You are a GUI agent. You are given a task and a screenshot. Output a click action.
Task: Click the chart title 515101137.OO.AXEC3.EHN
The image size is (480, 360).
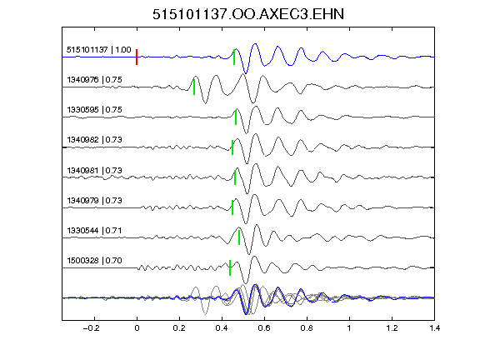248,14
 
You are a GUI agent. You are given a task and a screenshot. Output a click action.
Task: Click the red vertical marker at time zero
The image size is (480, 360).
137,57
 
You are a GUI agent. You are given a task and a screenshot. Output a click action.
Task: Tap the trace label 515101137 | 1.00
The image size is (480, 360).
98,50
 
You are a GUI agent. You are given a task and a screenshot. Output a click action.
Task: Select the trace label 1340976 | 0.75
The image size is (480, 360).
94,80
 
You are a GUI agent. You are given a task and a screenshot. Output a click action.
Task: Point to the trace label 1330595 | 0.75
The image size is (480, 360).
94,110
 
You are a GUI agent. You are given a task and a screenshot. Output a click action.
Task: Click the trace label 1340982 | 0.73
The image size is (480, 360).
94,140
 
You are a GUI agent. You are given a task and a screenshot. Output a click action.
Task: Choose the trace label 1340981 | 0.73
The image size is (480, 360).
94,170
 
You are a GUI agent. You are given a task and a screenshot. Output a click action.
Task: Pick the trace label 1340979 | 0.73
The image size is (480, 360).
94,200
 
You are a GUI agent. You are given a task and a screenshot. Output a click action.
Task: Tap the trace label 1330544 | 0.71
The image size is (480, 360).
94,230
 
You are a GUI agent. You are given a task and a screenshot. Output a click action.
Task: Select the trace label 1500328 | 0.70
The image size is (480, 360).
94,260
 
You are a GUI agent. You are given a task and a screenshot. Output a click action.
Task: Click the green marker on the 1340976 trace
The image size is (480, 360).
194,87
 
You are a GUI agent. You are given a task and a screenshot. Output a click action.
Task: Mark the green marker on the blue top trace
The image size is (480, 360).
234,57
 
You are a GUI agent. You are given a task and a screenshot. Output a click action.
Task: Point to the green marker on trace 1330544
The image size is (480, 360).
239,237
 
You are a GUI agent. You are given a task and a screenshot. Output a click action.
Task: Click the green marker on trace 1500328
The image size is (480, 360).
230,267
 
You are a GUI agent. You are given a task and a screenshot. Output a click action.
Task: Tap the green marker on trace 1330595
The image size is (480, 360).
236,117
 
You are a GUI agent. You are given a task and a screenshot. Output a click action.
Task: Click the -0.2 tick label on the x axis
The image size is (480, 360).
91,328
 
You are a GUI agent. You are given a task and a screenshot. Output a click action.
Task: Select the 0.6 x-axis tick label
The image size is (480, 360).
264,328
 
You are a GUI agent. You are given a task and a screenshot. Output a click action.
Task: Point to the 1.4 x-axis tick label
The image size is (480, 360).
434,328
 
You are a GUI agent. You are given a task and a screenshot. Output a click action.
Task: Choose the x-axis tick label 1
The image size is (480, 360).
349,328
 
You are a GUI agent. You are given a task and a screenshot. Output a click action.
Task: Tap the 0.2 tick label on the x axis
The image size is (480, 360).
179,328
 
